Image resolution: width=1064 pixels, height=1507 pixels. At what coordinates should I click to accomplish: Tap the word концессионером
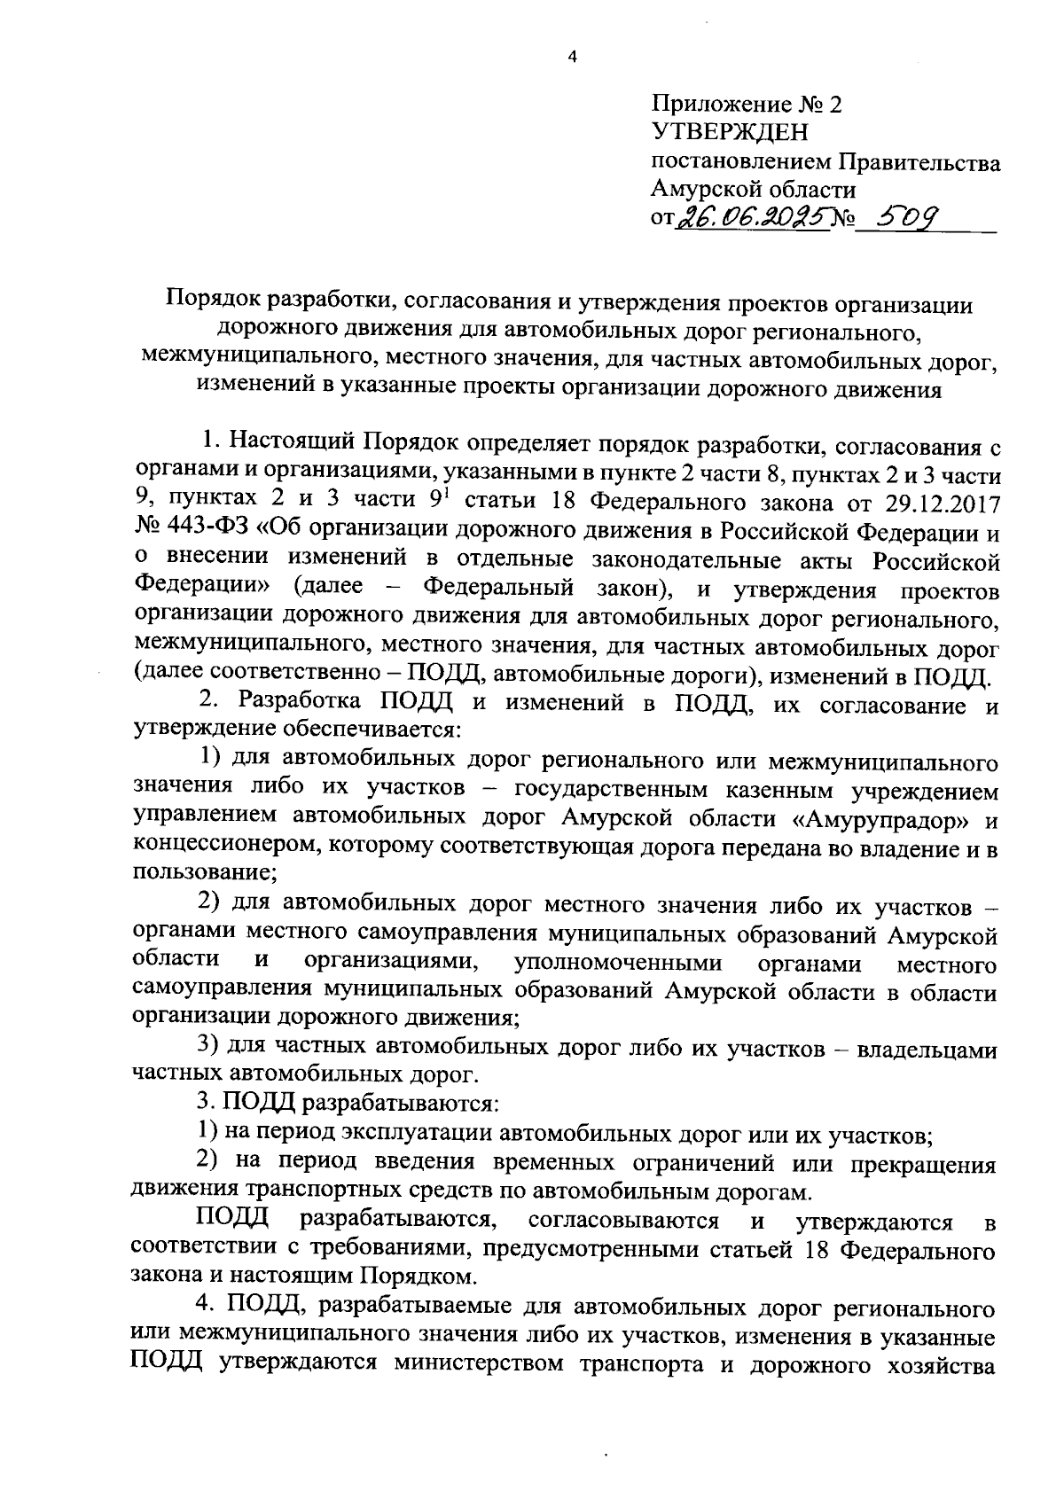click(x=226, y=847)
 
